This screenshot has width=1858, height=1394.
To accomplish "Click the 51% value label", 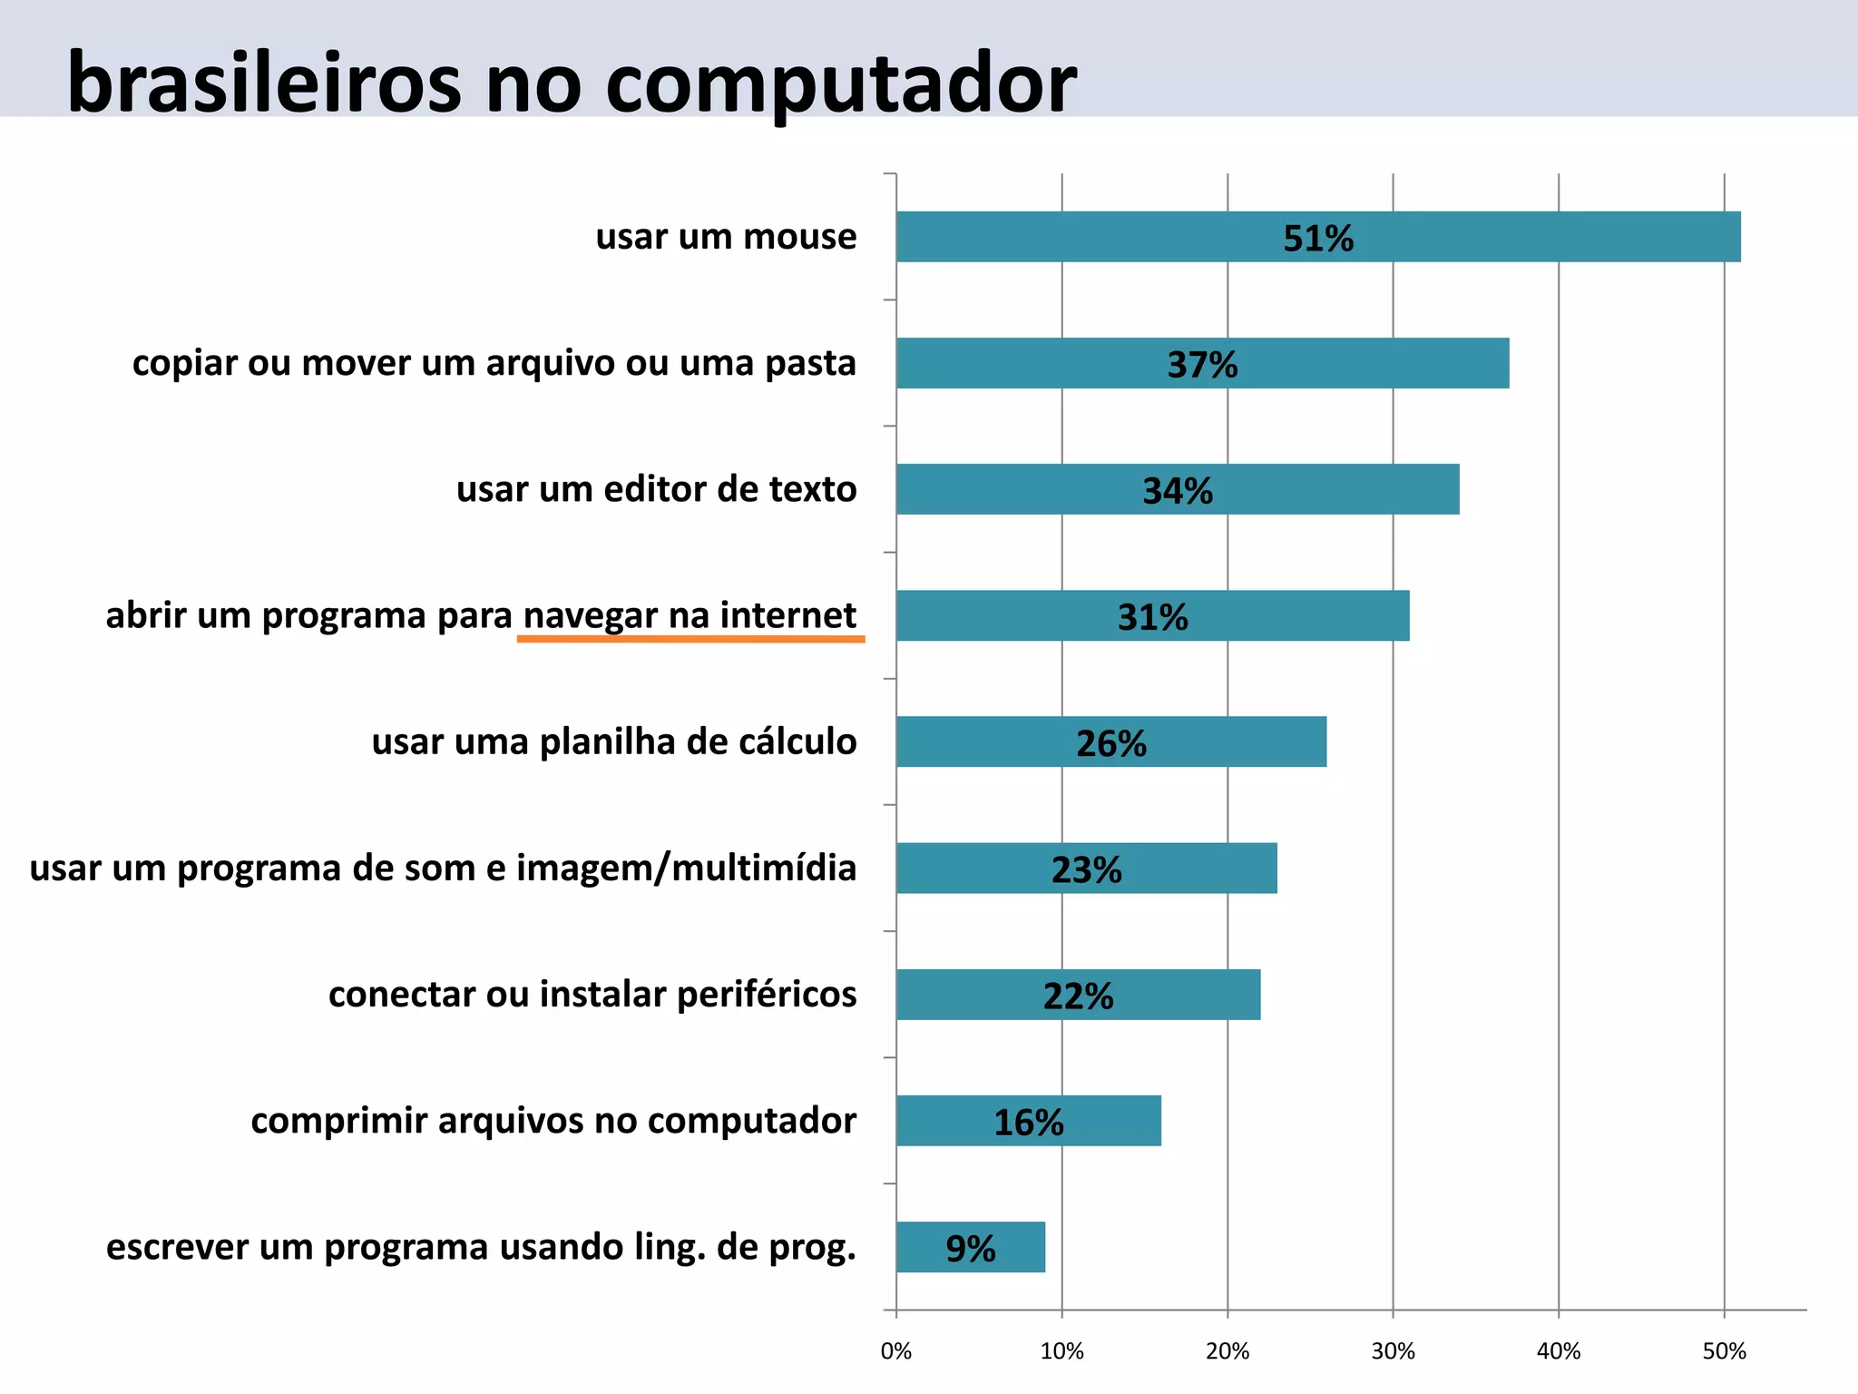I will click(x=1317, y=239).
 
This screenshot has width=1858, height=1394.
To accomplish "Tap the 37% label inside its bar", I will click(x=1202, y=365).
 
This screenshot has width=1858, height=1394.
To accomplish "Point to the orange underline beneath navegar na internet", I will click(x=690, y=640).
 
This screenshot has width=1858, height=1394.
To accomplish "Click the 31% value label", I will click(x=1152, y=617).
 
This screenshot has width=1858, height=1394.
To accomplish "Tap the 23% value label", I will click(x=1086, y=870).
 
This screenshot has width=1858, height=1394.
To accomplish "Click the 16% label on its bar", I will click(x=1028, y=1123).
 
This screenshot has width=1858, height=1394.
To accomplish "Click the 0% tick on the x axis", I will click(x=896, y=1351).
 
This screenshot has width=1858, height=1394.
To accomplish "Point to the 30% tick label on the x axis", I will click(x=1393, y=1351).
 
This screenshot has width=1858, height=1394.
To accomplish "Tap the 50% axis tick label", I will click(x=1724, y=1351).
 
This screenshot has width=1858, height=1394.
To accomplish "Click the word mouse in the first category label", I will click(x=799, y=237).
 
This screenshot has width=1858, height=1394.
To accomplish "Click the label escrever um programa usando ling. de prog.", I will click(x=481, y=1247).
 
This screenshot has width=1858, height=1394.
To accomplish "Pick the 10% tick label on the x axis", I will click(x=1061, y=1351).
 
